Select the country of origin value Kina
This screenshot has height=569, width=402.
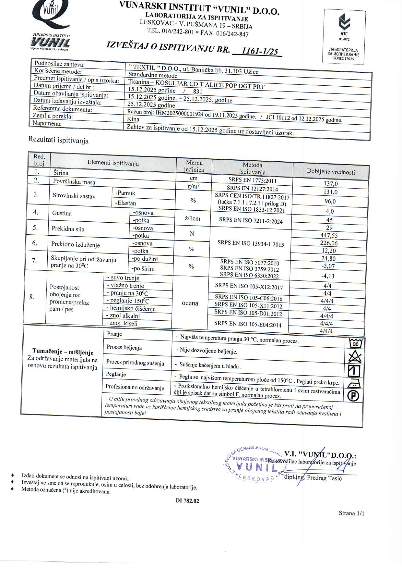click(x=134, y=119)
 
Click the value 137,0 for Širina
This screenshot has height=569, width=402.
click(x=331, y=184)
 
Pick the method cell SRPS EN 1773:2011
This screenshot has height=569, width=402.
click(x=252, y=180)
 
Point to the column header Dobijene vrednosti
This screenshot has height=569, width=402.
click(x=331, y=172)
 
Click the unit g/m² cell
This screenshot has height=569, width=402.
click(x=193, y=186)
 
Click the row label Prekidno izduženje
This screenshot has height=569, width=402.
click(x=76, y=245)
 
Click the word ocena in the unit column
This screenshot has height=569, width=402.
click(x=190, y=303)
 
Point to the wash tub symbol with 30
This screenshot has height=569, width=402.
click(x=355, y=343)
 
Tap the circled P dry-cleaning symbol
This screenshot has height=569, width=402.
click(x=353, y=396)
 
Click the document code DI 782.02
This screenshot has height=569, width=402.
click(x=187, y=501)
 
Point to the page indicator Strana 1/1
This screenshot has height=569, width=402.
click(x=351, y=513)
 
